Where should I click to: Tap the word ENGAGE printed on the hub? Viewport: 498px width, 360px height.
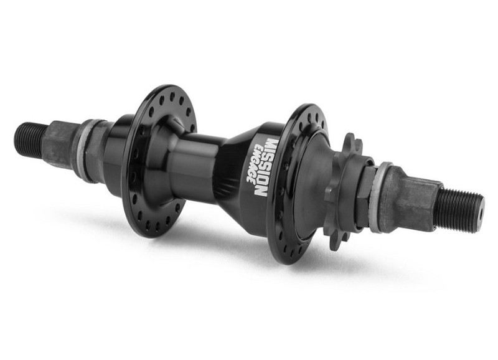coord(255,164)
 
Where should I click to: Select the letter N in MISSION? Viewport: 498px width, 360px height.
coord(262,191)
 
